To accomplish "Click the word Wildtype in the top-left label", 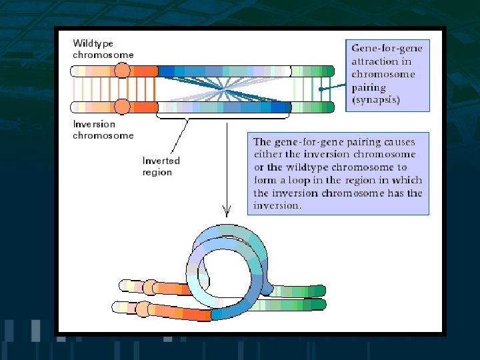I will click(x=93, y=43).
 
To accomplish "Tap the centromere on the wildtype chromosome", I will click(x=122, y=71).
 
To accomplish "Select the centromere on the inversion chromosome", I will click(x=122, y=107).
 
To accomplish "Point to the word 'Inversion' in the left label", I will click(x=94, y=124).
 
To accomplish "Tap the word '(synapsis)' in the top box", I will click(x=377, y=99).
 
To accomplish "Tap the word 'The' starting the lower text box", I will click(x=262, y=142).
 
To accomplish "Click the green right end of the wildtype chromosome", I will click(x=328, y=71).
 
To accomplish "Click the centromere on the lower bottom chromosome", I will click(x=143, y=309).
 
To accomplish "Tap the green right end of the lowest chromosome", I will click(x=321, y=305).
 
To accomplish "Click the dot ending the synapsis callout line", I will click(x=321, y=89).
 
